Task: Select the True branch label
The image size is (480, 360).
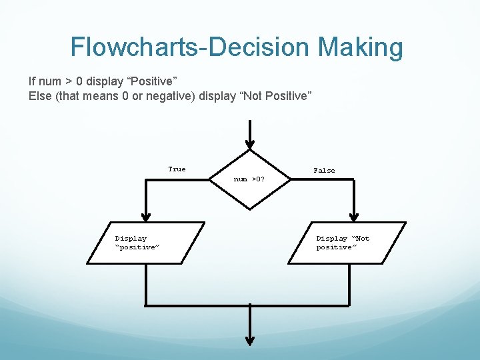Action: pos(177,169)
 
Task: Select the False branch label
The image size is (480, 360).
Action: pos(324,171)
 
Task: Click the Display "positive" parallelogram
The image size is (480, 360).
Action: pos(145,243)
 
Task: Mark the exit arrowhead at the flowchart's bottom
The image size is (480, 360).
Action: pos(249,340)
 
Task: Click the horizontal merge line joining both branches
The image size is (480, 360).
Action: pos(248,306)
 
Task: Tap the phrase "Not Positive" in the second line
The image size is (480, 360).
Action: pos(275,97)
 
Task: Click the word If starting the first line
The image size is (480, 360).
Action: pos(33,82)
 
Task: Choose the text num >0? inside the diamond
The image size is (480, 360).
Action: pos(249,179)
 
